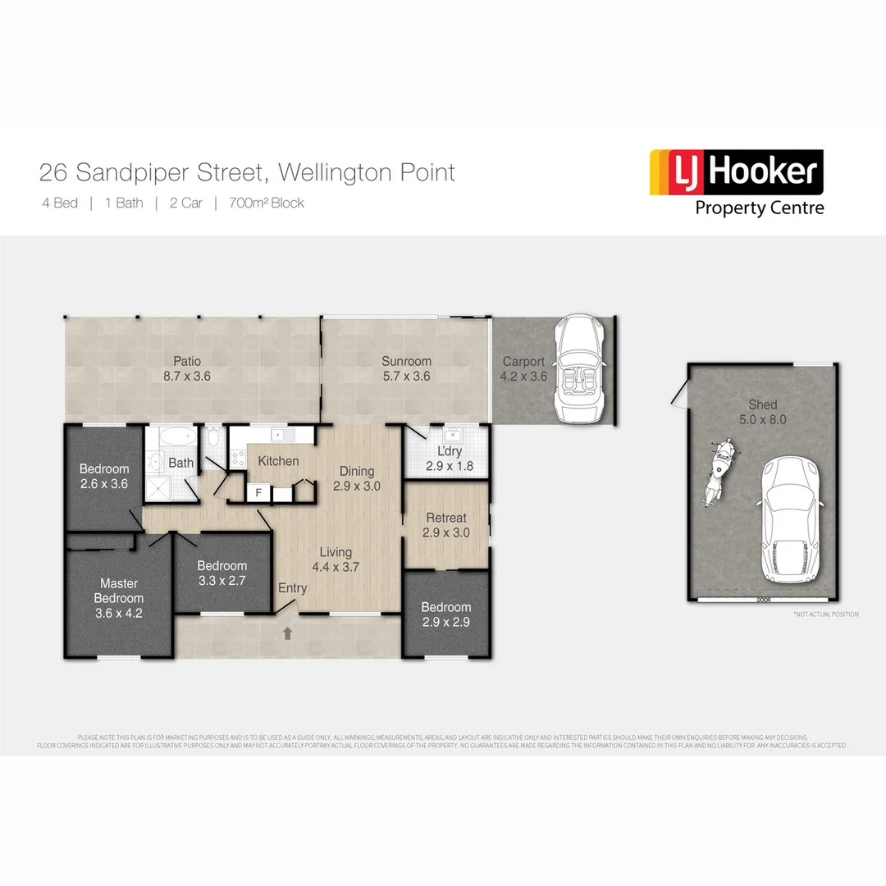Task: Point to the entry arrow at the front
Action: [288, 633]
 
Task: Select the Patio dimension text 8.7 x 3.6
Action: [187, 376]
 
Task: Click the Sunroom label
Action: [406, 361]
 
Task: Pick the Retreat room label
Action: [446, 518]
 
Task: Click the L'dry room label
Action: [449, 452]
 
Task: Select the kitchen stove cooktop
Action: [239, 459]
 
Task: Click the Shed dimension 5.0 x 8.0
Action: [762, 419]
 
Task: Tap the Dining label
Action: [357, 471]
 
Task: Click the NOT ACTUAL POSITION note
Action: [825, 614]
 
